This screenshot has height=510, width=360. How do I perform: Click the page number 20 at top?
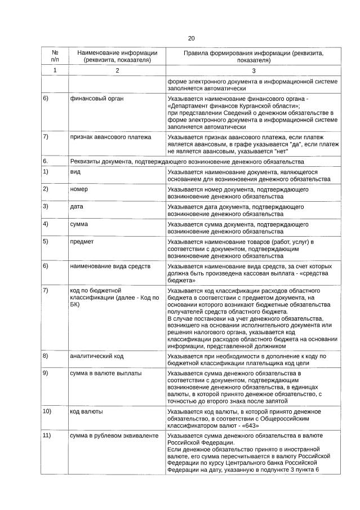pos(191,38)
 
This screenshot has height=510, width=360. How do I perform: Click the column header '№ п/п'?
pos(55,55)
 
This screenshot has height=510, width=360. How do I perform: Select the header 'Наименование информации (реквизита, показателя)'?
pos(117,55)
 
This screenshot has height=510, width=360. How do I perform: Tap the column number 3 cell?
pos(254,70)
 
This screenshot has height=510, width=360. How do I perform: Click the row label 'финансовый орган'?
pos(96,99)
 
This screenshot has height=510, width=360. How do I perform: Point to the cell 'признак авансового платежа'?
pos(110,136)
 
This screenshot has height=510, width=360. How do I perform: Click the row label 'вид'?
pos(75,171)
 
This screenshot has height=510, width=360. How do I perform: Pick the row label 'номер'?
pos(79,189)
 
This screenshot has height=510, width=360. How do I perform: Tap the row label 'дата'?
pos(77,206)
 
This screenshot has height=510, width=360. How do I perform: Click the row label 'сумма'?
pos(79,224)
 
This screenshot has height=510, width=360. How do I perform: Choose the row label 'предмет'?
pos(82,241)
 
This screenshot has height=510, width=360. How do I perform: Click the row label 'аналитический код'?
pos(96,356)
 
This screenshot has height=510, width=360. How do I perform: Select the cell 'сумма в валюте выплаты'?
pos(105,373)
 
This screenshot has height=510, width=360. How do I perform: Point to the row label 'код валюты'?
pos(86,411)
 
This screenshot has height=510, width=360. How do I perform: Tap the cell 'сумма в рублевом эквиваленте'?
pos(113,435)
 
